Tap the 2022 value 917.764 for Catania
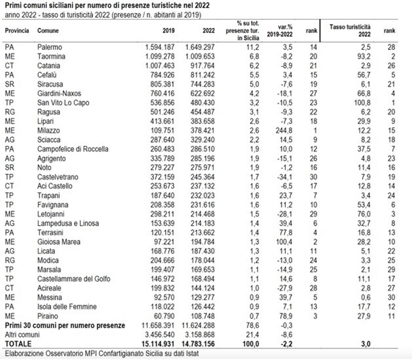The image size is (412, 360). [200, 65]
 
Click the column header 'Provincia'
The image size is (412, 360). [17, 30]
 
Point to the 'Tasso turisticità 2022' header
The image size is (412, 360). [350, 29]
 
